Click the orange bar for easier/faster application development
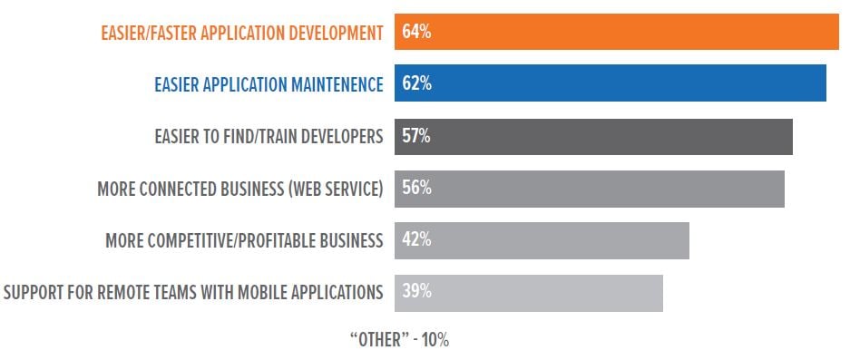pyautogui.click(x=617, y=32)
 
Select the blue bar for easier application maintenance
pyautogui.click(x=611, y=83)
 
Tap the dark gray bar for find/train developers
pyautogui.click(x=594, y=136)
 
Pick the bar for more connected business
pyautogui.click(x=590, y=189)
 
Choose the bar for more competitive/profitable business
pyautogui.click(x=542, y=240)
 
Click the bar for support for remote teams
pyautogui.click(x=529, y=292)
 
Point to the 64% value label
pyautogui.click(x=415, y=32)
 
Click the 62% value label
pyautogui.click(x=415, y=84)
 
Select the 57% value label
pyautogui.click(x=415, y=136)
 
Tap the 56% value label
pyautogui.click(x=415, y=189)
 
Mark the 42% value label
pyautogui.click(x=415, y=240)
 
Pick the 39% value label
pyautogui.click(x=415, y=292)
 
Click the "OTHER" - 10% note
pyautogui.click(x=399, y=341)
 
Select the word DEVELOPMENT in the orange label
pyautogui.click(x=331, y=33)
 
